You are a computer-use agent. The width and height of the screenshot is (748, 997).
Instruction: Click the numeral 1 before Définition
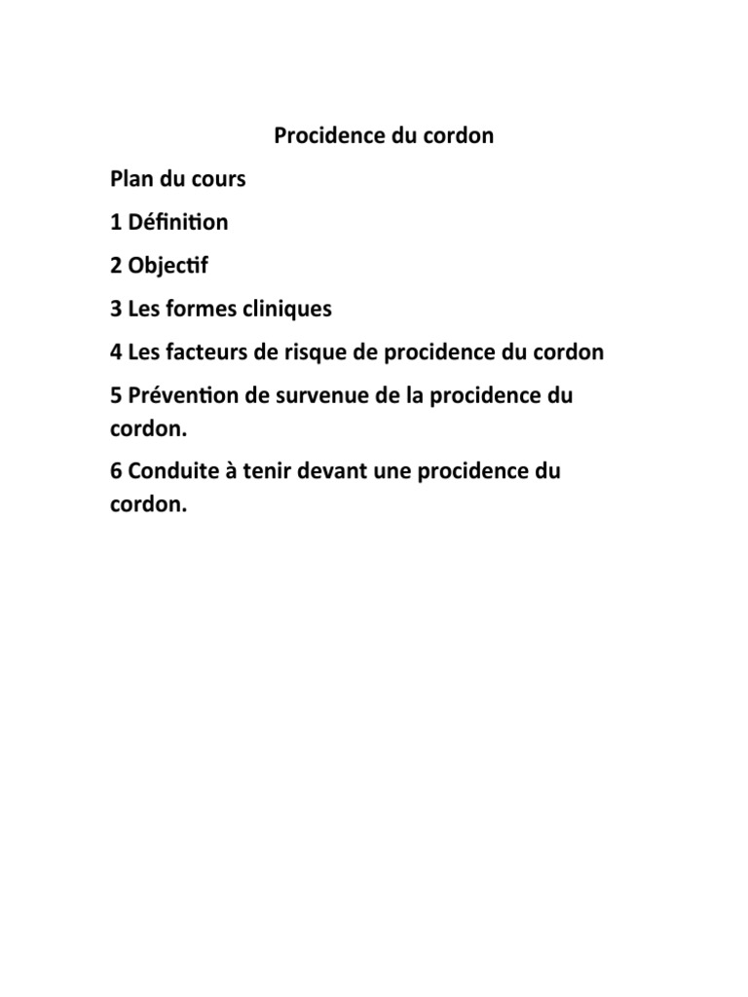pyautogui.click(x=115, y=222)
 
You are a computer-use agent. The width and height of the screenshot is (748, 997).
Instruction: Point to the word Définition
pyautogui.click(x=177, y=222)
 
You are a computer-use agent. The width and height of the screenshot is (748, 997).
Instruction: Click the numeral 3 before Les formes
pyautogui.click(x=115, y=309)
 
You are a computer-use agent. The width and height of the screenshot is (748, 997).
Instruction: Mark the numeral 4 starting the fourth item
pyautogui.click(x=115, y=351)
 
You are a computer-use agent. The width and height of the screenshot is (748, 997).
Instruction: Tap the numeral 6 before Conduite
pyautogui.click(x=115, y=472)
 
